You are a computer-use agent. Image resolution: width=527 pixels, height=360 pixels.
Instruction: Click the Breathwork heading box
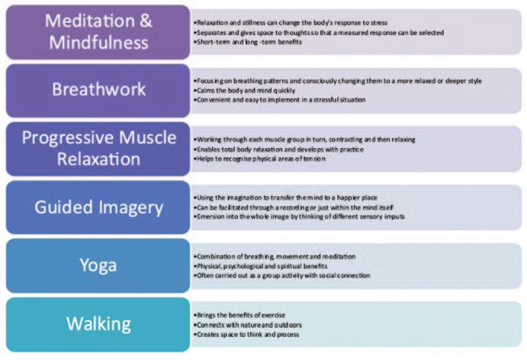pyautogui.click(x=98, y=90)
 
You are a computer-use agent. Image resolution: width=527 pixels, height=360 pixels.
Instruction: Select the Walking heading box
pyautogui.click(x=98, y=323)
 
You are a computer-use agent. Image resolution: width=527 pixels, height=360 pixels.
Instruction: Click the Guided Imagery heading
pyautogui.click(x=98, y=206)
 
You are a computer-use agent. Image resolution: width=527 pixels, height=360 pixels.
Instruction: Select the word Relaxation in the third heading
pyautogui.click(x=98, y=159)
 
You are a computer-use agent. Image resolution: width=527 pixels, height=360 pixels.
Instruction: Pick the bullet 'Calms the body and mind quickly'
pyautogui.click(x=243, y=90)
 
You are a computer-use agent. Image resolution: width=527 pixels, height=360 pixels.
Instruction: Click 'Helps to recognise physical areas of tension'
pyautogui.click(x=260, y=159)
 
